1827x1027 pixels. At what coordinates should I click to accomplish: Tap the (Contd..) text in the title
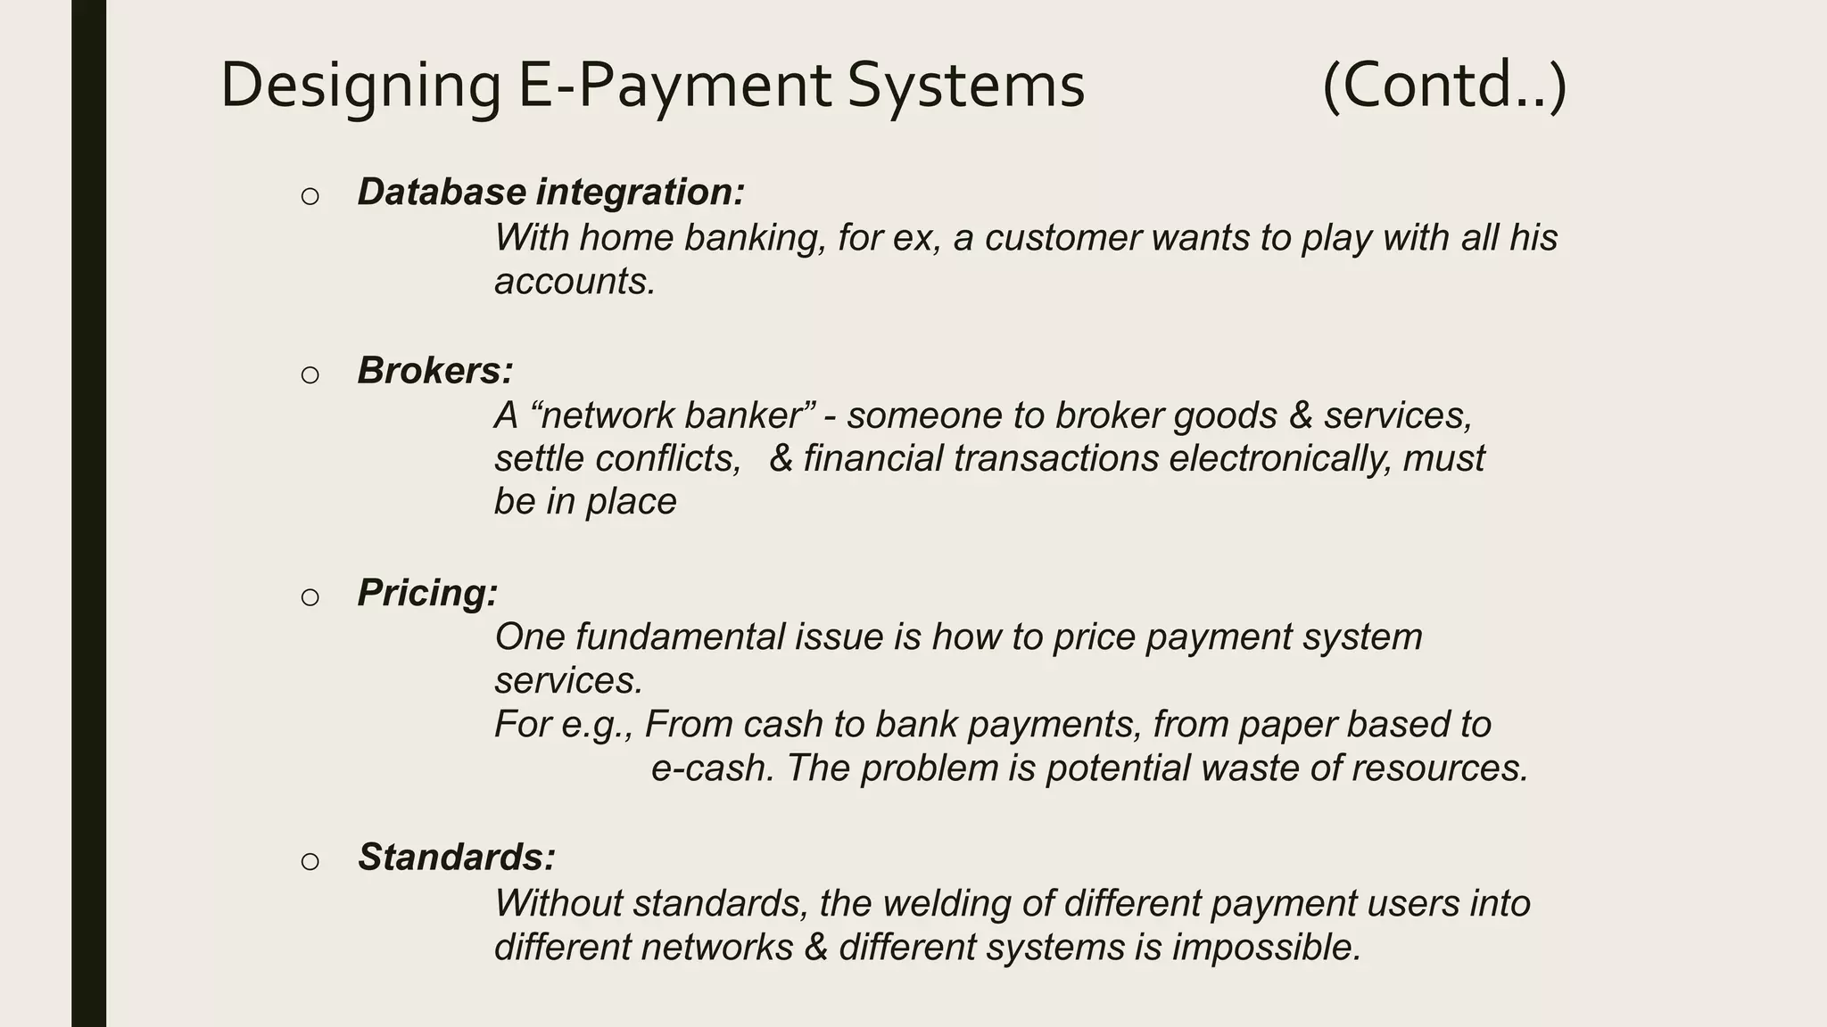point(1444,86)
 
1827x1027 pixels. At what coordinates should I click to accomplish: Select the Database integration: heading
point(550,193)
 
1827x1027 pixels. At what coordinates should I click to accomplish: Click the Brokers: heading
point(435,371)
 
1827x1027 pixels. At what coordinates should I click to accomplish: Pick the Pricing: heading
point(427,593)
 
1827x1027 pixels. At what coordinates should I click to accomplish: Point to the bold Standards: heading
point(457,858)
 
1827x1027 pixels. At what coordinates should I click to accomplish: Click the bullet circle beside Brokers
point(310,374)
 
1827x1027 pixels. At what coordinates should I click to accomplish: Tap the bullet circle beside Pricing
point(310,596)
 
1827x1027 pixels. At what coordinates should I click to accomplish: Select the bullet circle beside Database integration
point(310,196)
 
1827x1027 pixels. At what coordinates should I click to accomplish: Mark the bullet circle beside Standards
point(310,861)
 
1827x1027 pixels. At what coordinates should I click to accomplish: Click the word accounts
point(575,282)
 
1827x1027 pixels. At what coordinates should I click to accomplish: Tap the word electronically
point(1279,458)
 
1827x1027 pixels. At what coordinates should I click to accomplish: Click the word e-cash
point(713,768)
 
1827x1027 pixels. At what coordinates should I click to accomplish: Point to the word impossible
point(1266,947)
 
